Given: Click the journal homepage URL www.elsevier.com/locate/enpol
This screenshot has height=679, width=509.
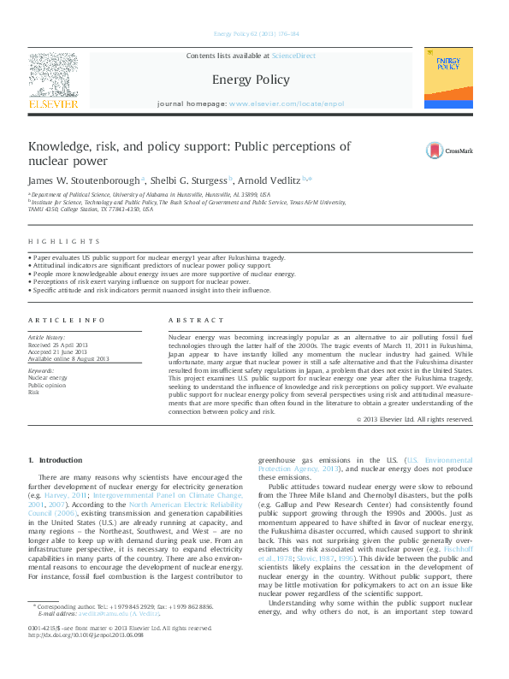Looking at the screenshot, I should tap(287, 103).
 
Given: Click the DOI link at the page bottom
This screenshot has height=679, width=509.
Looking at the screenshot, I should tap(83, 659).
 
